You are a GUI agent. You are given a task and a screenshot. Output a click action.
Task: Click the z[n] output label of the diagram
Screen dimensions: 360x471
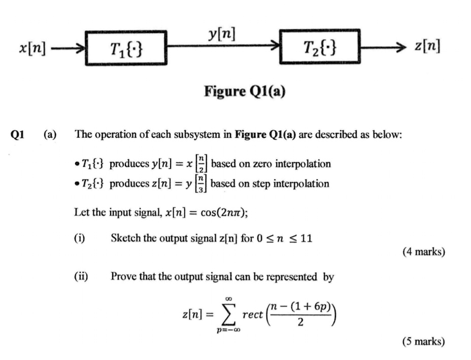click(426, 47)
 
